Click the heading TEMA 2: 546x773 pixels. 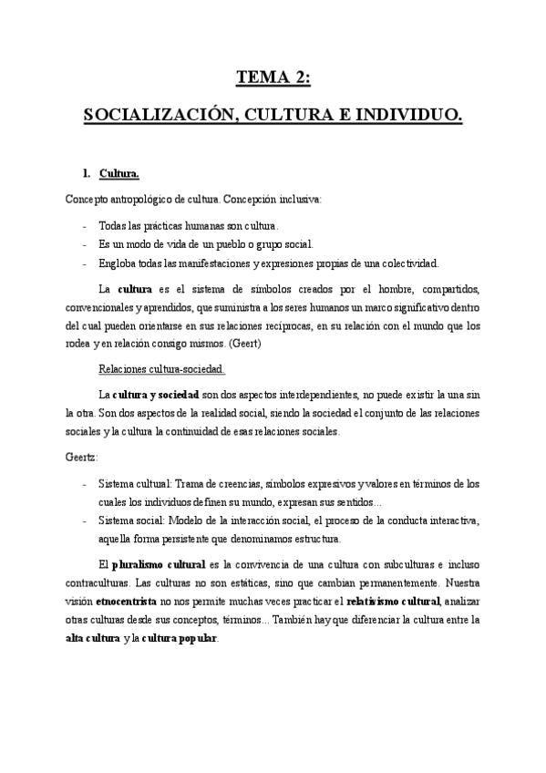point(273,78)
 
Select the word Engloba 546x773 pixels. point(117,263)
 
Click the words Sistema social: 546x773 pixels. point(132,520)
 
